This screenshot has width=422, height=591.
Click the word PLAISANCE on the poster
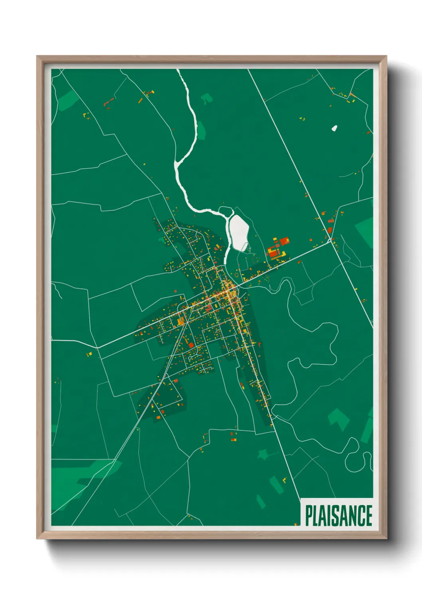point(339,516)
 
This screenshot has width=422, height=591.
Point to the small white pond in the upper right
point(334,128)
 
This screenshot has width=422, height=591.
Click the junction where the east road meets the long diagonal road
point(331,241)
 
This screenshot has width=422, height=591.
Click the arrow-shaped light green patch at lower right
point(338,419)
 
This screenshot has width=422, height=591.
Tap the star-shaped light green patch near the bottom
point(263,454)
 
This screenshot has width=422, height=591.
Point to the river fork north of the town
point(177,163)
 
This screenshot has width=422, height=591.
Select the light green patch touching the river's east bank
point(202,129)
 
